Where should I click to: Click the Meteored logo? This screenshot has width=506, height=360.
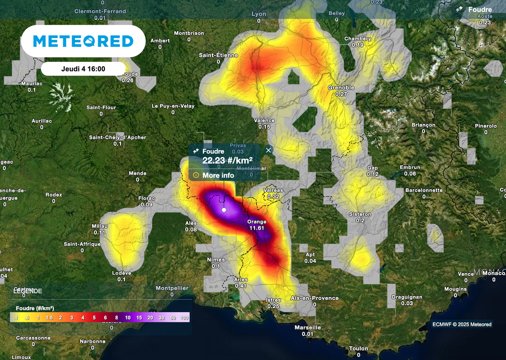(x=83, y=41)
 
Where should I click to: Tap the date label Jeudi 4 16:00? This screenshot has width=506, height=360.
(x=83, y=69)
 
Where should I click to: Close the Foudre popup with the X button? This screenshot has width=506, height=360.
(x=268, y=150)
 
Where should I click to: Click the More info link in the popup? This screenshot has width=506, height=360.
(x=218, y=175)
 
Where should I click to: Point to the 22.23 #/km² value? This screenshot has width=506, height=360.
(x=227, y=160)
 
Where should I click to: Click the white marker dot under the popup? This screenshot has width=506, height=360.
(x=224, y=210)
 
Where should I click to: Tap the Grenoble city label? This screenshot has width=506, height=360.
(x=341, y=88)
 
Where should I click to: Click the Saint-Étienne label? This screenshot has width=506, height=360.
(x=218, y=55)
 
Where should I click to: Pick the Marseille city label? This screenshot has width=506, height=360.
(x=308, y=327)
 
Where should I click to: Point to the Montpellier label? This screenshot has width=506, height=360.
(x=172, y=288)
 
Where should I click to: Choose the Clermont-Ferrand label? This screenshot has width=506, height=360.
(x=100, y=11)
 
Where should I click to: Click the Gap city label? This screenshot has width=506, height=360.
(x=373, y=168)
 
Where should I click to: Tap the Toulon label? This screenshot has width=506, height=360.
(x=358, y=349)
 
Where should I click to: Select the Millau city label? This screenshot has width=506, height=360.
(x=100, y=226)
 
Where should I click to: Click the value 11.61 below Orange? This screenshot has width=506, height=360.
(x=257, y=228)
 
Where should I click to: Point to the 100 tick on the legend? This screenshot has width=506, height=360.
(x=185, y=318)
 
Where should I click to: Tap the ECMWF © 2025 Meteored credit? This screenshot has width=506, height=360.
(x=462, y=324)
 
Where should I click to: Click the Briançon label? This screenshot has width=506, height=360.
(x=423, y=125)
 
